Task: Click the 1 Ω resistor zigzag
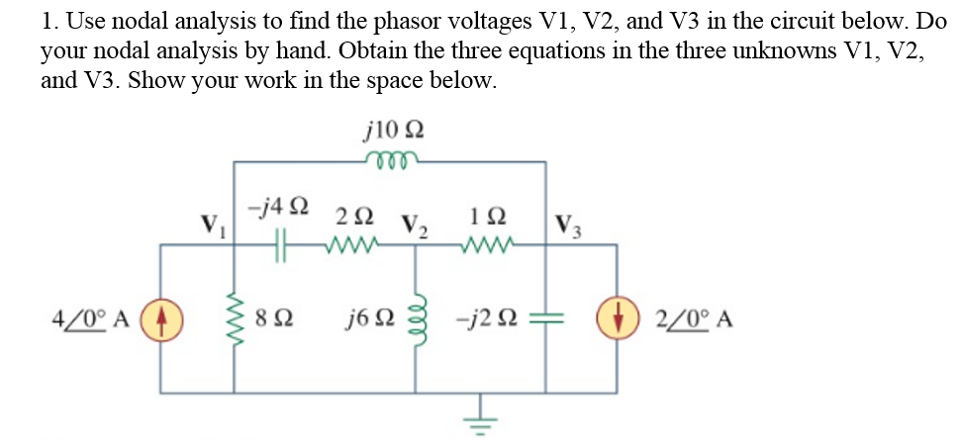[x=487, y=243]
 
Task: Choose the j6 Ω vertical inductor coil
[x=414, y=318]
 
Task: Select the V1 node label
[x=210, y=223]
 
